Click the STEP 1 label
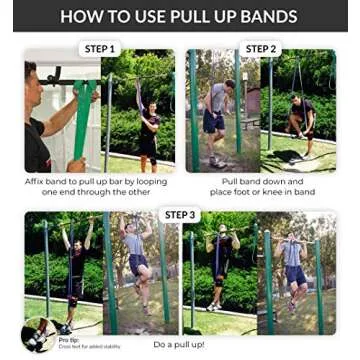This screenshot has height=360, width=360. (x=98, y=47)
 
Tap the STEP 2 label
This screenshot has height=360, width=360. (x=260, y=47)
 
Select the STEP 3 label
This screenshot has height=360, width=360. (x=180, y=214)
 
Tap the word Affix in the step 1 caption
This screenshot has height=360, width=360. (x=37, y=182)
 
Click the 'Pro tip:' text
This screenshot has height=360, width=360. (x=69, y=339)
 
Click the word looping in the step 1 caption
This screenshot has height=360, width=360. (x=150, y=182)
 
